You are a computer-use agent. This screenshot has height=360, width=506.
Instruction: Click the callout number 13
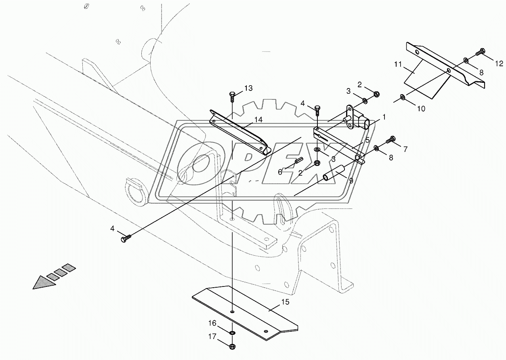tap(248, 88)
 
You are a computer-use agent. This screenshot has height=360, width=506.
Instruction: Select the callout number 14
tap(258, 120)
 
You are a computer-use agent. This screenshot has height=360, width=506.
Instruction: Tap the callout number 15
tap(285, 302)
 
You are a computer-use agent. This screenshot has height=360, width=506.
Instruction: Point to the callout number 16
tap(213, 323)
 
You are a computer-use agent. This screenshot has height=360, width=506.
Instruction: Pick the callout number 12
tap(499, 63)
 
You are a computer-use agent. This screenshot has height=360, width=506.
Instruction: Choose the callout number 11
tap(398, 64)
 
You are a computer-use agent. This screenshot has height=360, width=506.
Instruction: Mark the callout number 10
tap(421, 109)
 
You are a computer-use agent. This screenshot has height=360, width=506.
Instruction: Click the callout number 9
tap(351, 181)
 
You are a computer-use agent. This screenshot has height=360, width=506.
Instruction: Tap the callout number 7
tap(405, 149)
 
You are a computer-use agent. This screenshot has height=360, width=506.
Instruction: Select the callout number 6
tap(280, 172)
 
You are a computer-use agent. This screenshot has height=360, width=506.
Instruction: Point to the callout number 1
tap(384, 117)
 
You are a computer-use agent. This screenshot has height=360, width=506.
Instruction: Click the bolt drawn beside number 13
tap(232, 96)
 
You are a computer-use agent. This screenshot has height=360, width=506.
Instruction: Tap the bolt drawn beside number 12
tap(481, 52)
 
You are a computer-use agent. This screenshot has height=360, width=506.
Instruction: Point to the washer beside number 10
tap(403, 97)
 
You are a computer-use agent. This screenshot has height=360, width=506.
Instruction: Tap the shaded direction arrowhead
tap(44, 282)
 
